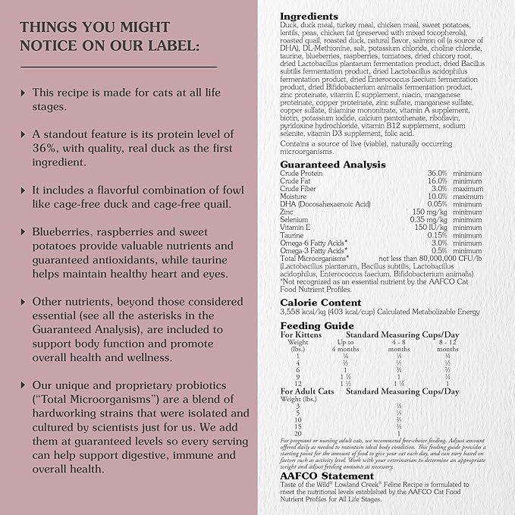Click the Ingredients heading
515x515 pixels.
point(309,16)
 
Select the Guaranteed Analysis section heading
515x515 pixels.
point(333,165)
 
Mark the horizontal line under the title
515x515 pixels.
point(118,67)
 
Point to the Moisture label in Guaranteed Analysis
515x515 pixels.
point(294,196)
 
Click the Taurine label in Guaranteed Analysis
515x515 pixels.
point(293,234)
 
